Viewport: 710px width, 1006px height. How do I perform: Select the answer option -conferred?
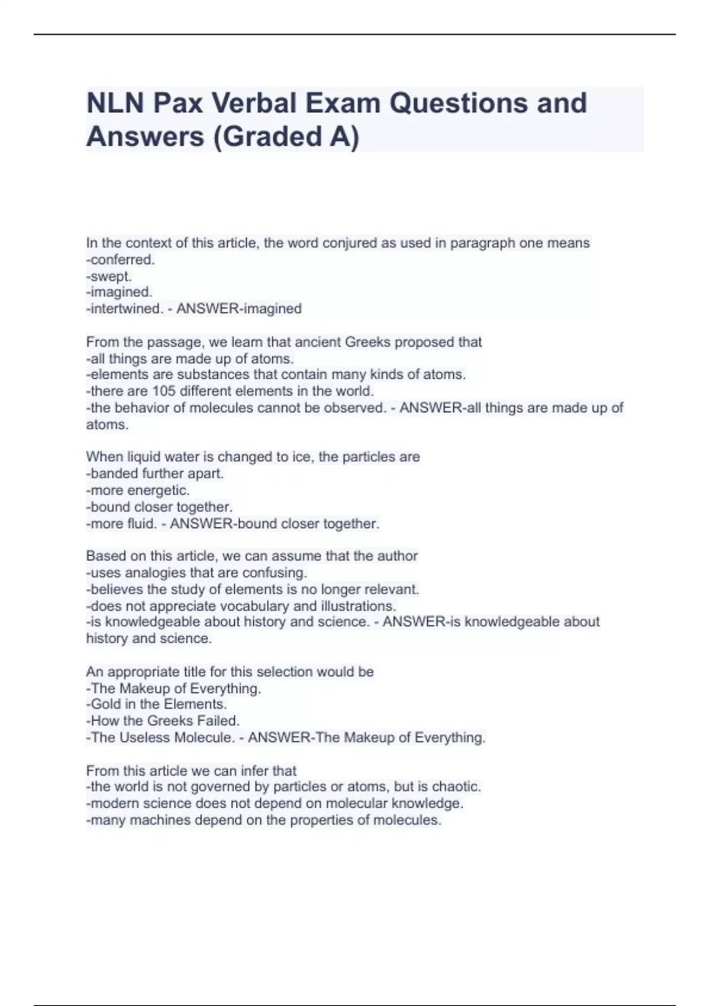point(120,260)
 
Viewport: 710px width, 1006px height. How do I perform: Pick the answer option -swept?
point(109,276)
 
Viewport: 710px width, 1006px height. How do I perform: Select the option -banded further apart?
point(155,473)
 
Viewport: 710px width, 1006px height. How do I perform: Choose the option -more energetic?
point(138,490)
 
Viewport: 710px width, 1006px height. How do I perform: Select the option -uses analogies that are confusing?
point(196,573)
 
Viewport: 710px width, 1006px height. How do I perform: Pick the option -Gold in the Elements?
point(156,704)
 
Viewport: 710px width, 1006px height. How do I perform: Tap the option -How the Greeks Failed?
point(163,721)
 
